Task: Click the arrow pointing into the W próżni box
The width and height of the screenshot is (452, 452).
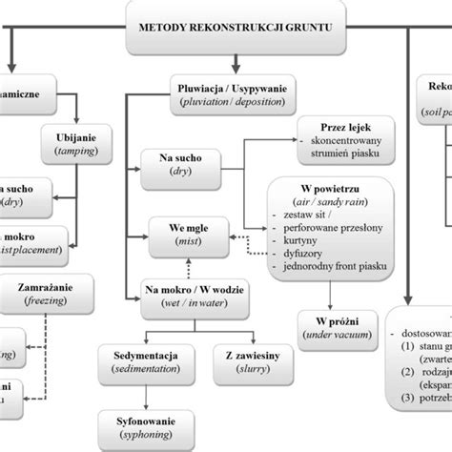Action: click(x=329, y=303)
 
